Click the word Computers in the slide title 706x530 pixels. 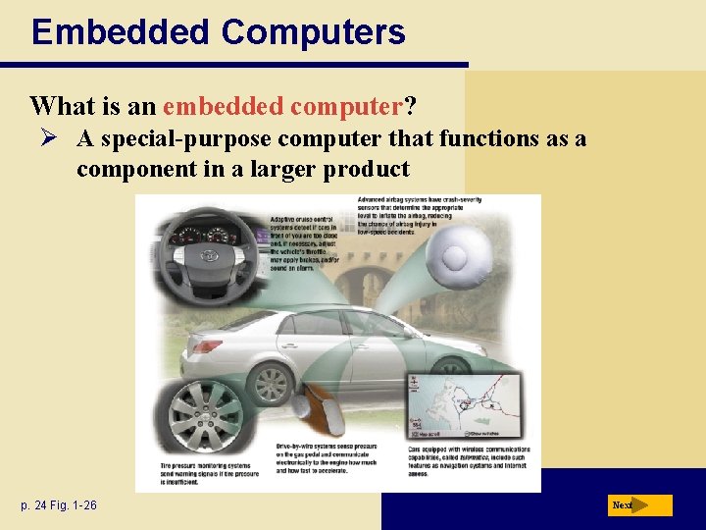[x=313, y=31]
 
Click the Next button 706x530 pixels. [x=638, y=505]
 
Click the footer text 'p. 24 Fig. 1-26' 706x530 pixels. [x=61, y=505]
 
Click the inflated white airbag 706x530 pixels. [x=454, y=257]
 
